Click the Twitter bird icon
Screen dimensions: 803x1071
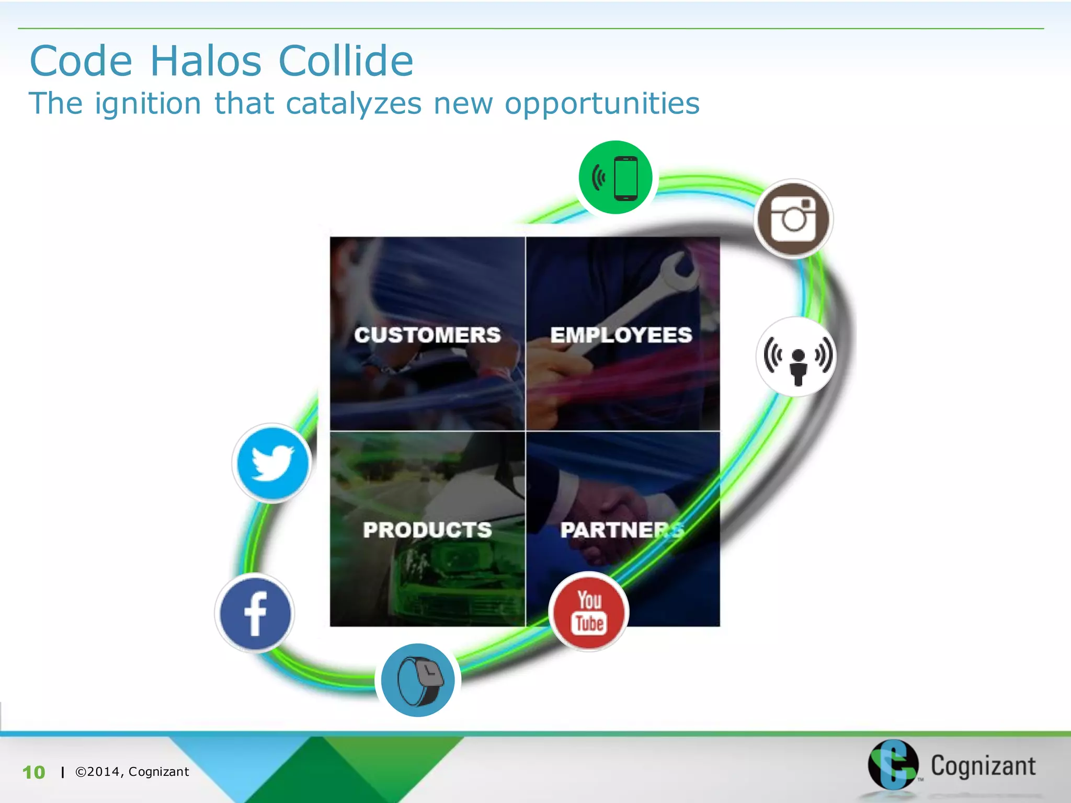click(272, 463)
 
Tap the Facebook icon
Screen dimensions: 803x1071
click(255, 613)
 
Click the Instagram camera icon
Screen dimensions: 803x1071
click(793, 219)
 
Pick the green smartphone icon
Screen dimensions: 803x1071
click(616, 178)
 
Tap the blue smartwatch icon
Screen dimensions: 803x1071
click(418, 680)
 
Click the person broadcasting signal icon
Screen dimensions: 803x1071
click(796, 357)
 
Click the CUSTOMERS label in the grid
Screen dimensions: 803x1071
click(427, 335)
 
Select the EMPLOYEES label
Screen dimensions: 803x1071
click(621, 335)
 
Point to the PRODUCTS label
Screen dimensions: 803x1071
click(427, 530)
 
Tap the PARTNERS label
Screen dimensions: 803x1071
click(621, 530)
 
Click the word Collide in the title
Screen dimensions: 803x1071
click(346, 61)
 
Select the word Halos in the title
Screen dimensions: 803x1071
click(206, 61)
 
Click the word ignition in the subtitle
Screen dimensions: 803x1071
click(148, 104)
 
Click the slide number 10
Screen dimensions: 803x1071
click(33, 772)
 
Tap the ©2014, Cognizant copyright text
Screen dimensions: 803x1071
click(132, 772)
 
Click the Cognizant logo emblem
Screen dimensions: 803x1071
click(893, 765)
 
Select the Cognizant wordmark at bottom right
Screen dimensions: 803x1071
click(983, 766)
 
